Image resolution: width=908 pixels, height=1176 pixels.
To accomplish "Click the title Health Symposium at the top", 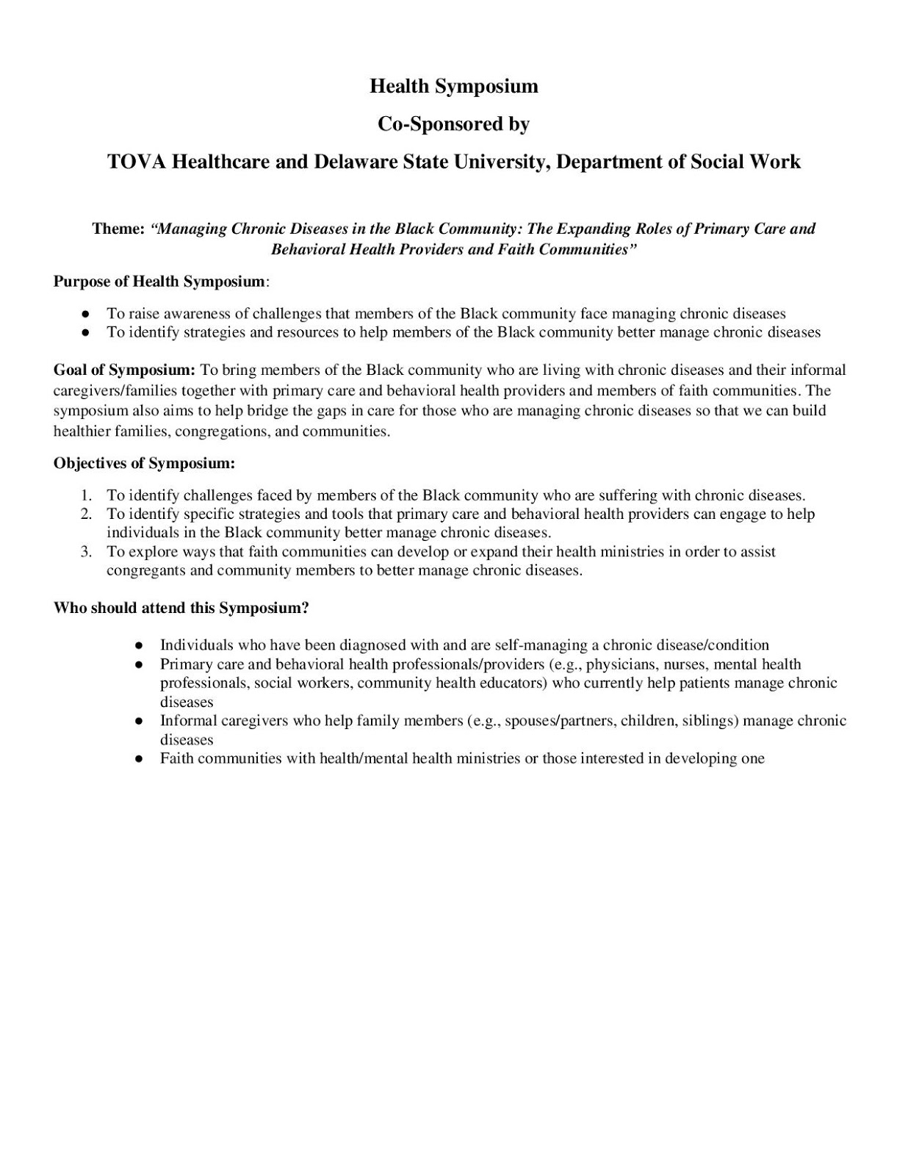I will pos(453,86).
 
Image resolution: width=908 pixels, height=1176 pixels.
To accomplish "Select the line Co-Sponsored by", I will pos(453,124).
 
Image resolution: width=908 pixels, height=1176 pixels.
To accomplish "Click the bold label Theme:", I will pos(118,229).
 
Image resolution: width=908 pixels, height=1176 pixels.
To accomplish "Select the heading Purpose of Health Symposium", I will pos(159,282).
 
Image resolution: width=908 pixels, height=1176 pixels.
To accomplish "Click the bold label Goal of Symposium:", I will pos(124,370).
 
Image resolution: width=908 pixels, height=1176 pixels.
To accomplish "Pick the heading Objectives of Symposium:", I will pos(144,464).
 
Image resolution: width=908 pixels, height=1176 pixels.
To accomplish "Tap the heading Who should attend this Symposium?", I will pos(181,609).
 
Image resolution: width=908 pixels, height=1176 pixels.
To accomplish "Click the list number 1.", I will pos(87,495).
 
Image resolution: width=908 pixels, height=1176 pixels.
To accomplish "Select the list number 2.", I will pos(87,514).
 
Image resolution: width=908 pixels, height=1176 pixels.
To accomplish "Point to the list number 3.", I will pos(87,552).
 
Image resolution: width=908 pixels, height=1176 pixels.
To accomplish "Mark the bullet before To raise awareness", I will pos(86,314).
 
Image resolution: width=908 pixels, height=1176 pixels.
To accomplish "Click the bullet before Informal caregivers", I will pos(139,721).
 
